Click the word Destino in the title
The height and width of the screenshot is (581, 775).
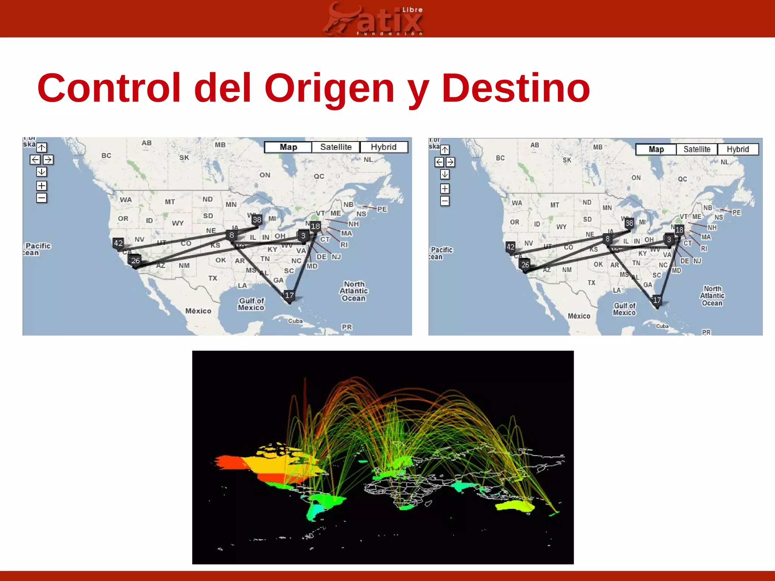pyautogui.click(x=515, y=89)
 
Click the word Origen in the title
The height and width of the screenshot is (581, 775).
pyautogui.click(x=329, y=89)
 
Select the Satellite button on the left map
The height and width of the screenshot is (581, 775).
pyautogui.click(x=336, y=147)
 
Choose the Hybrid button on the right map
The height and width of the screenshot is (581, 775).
pyautogui.click(x=738, y=149)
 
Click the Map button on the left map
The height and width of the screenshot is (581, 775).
pyautogui.click(x=288, y=147)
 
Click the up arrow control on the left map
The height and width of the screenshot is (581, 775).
pyautogui.click(x=42, y=148)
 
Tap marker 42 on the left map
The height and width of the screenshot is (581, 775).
pyautogui.click(x=118, y=243)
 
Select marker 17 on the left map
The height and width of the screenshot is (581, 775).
pyautogui.click(x=289, y=295)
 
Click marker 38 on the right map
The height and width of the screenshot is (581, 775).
pyautogui.click(x=629, y=223)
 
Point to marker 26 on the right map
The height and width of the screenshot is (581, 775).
pyautogui.click(x=525, y=265)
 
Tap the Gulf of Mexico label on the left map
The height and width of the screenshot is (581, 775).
pyautogui.click(x=251, y=304)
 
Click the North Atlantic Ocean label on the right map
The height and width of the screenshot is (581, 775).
pyautogui.click(x=712, y=296)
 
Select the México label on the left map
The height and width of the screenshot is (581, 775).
pyautogui.click(x=198, y=311)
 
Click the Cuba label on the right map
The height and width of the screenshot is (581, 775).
pyautogui.click(x=662, y=326)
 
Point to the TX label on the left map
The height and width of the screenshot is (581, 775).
pyautogui.click(x=213, y=278)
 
